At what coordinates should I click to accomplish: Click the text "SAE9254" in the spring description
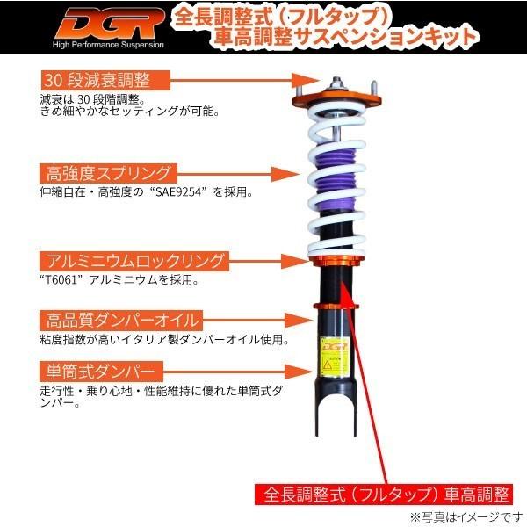(173, 192)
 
